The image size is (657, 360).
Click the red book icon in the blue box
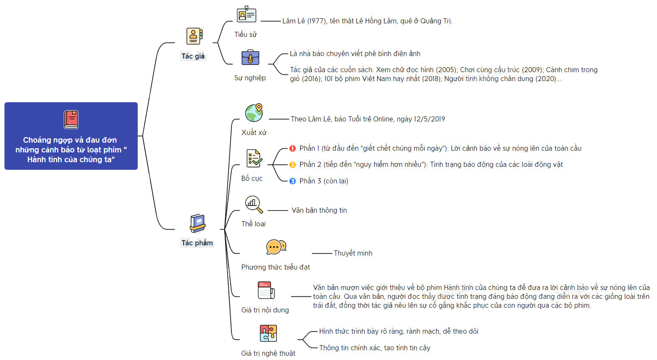(71, 120)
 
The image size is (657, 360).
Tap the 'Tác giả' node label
(193, 56)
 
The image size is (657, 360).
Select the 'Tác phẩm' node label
(197, 243)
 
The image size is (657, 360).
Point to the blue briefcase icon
(250, 57)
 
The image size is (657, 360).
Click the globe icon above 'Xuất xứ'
(254, 112)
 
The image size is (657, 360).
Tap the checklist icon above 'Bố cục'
(254, 158)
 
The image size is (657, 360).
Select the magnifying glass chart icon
(254, 204)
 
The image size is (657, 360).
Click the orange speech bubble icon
(276, 247)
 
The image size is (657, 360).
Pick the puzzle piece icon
(268, 333)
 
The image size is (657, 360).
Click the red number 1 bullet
(293, 148)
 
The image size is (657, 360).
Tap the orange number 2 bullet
(293, 165)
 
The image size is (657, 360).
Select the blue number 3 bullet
(293, 181)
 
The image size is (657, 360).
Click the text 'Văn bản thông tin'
(319, 210)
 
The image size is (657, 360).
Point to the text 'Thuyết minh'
(353, 253)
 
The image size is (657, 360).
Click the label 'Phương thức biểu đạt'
(275, 267)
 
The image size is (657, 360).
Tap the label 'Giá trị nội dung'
(265, 310)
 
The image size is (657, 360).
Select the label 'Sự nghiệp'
(250, 78)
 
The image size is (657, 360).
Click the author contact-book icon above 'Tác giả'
(195, 36)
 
